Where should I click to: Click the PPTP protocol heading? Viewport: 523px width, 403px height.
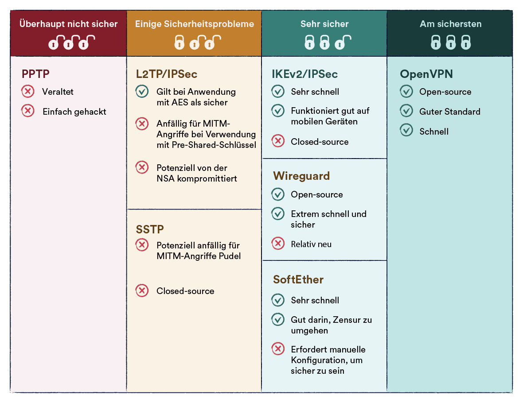(x=35, y=74)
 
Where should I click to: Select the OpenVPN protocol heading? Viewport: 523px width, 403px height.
(x=426, y=74)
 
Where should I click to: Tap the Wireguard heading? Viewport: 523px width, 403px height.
(x=301, y=176)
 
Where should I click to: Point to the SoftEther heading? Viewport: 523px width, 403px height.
(x=298, y=279)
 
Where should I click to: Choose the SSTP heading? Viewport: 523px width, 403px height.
(x=150, y=229)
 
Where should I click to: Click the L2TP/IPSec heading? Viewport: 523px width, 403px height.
(x=167, y=74)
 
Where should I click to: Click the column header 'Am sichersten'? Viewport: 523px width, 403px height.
(x=450, y=24)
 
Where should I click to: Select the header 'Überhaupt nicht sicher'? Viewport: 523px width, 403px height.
(x=69, y=24)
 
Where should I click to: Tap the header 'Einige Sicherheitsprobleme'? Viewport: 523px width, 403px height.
(x=195, y=24)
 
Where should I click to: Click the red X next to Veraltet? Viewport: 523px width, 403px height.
(x=28, y=92)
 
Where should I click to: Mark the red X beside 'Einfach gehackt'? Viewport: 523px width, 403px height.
(x=28, y=111)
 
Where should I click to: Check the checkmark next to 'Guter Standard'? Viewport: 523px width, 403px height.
(x=406, y=111)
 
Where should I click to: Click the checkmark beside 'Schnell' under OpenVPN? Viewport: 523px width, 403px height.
(x=406, y=131)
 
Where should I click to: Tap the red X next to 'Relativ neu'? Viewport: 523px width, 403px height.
(x=278, y=244)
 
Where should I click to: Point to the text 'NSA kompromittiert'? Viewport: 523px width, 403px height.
(x=197, y=178)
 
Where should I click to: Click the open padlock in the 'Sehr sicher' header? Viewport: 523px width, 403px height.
(x=341, y=43)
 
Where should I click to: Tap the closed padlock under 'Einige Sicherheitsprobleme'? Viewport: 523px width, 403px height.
(x=179, y=43)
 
